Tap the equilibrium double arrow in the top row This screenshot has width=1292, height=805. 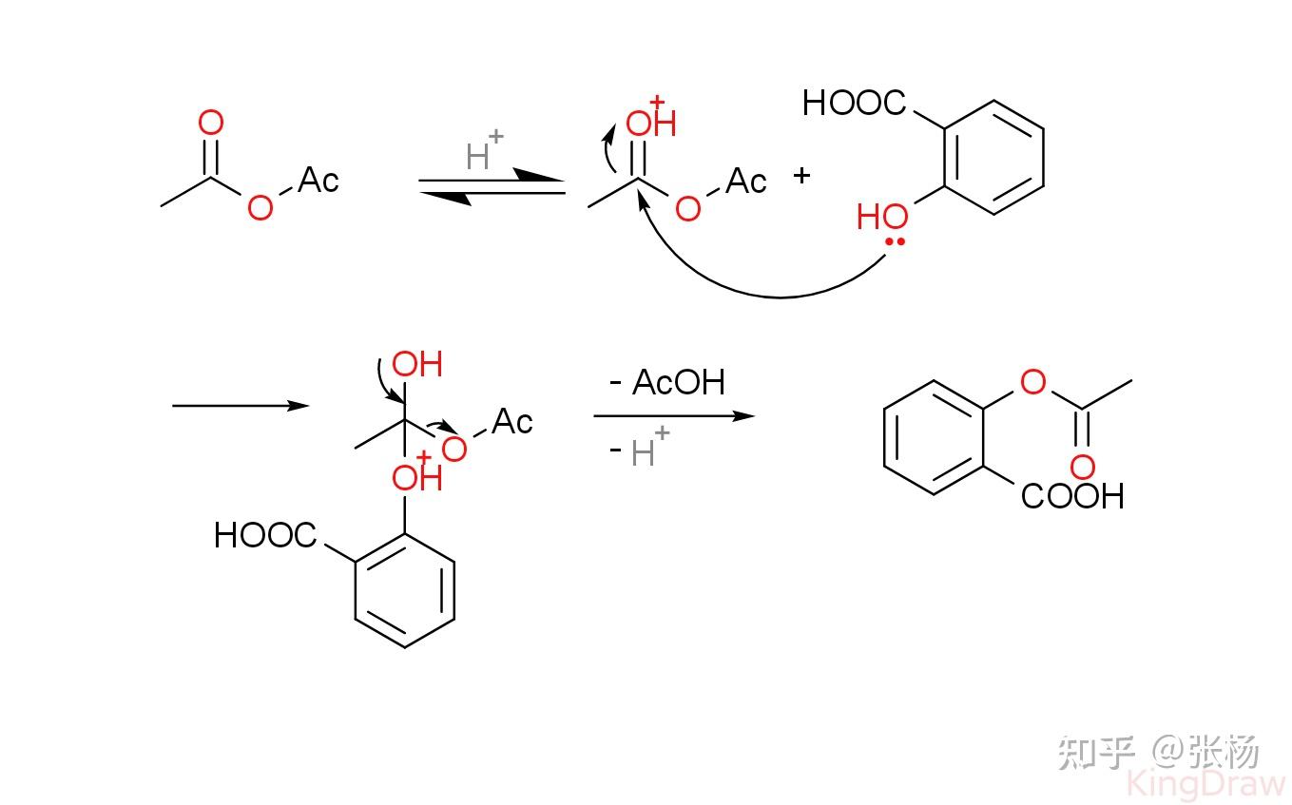[x=492, y=186]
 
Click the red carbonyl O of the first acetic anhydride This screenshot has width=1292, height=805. [x=211, y=123]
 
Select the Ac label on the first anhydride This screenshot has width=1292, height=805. [x=318, y=180]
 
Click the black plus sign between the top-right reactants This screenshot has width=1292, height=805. [x=801, y=175]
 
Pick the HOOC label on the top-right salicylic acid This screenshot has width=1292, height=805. [x=855, y=103]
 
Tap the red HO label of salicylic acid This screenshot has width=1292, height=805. [x=882, y=217]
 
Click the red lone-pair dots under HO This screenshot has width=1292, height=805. [x=896, y=241]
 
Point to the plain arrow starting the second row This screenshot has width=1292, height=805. [x=241, y=406]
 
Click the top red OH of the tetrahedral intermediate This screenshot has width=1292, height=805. [x=417, y=364]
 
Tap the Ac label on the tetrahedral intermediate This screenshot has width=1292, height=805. [x=512, y=421]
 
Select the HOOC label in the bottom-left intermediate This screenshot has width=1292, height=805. [x=265, y=535]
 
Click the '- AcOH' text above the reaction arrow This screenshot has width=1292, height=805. [x=667, y=382]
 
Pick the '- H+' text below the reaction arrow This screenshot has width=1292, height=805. [x=639, y=448]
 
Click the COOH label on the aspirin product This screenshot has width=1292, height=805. [x=1072, y=496]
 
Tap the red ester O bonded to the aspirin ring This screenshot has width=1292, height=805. [x=1033, y=382]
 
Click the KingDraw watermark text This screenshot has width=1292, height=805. [x=1206, y=784]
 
